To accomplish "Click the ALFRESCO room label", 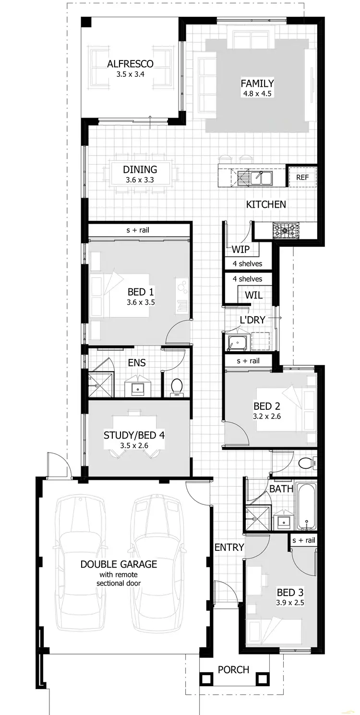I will coord(130,64).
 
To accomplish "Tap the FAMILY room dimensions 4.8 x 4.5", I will coord(257,94).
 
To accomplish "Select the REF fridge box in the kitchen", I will coord(302,177).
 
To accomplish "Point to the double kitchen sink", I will coord(259,178).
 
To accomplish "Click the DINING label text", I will coord(140,169).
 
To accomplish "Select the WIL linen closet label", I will coord(253,296).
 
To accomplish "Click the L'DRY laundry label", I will coord(252,320).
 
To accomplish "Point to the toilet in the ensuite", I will coord(177,386).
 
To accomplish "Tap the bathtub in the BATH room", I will coord(306,506).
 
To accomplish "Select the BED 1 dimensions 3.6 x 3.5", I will coord(141,302).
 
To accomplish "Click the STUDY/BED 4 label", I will coord(134,435).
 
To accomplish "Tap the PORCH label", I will coord(233,669).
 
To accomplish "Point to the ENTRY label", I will coord(229,547).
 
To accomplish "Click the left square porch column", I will coord(206,679).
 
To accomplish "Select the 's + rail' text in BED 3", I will coord(304,540).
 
